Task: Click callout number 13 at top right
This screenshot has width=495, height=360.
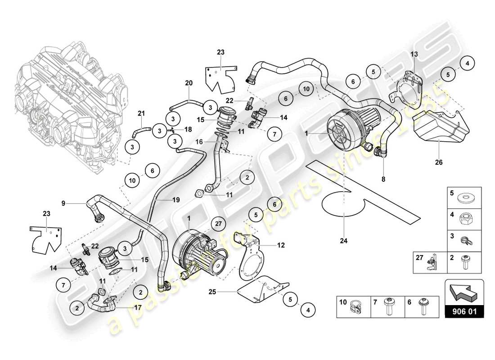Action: point(414,54)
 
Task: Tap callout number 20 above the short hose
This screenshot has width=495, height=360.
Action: point(189,83)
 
